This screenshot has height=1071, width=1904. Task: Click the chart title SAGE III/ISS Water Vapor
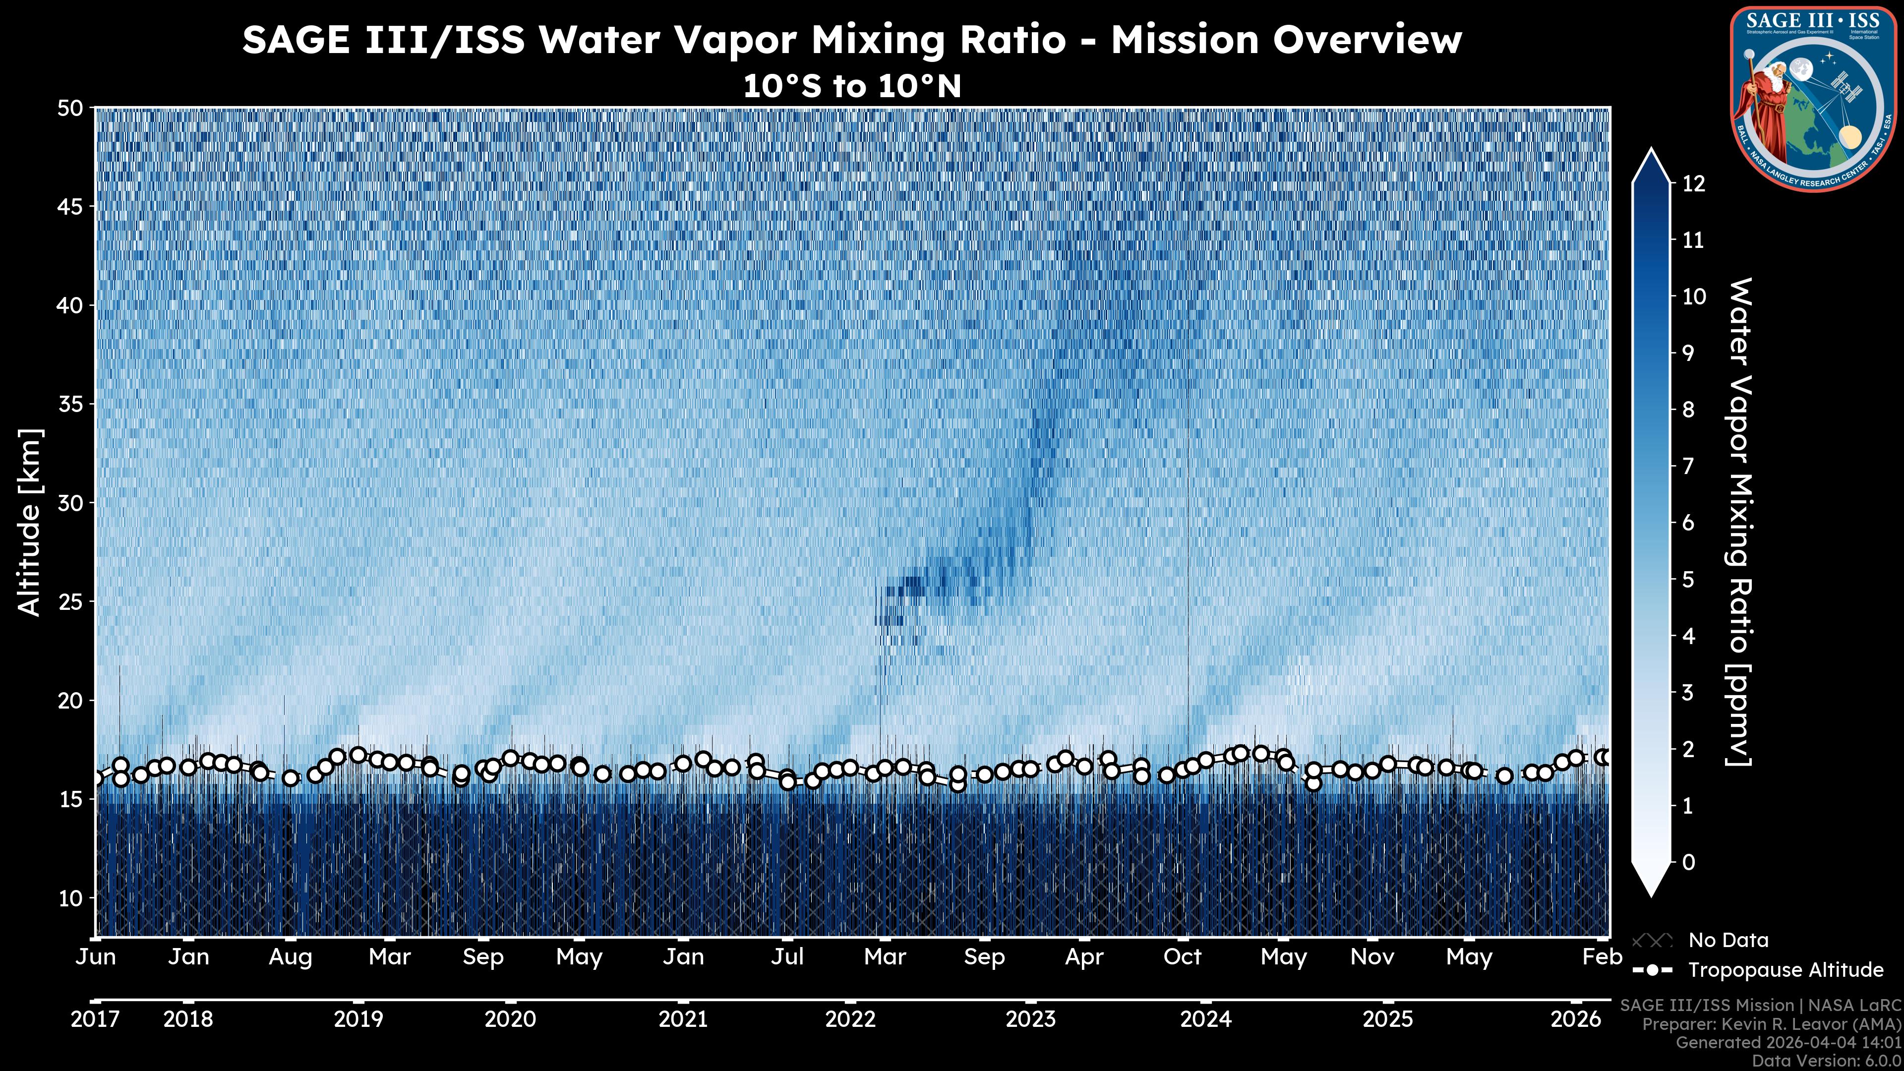851,40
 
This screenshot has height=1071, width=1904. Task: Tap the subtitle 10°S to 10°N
851,86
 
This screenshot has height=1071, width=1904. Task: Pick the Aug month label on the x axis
291,957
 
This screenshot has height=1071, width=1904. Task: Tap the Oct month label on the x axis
1183,957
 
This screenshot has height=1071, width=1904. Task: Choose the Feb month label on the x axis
1602,957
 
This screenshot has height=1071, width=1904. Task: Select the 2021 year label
683,1019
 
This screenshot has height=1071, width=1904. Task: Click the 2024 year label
1205,1019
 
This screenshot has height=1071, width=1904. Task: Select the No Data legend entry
1728,940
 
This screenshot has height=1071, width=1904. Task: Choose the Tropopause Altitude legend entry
1785,970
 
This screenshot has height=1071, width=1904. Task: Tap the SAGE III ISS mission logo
1814,98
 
